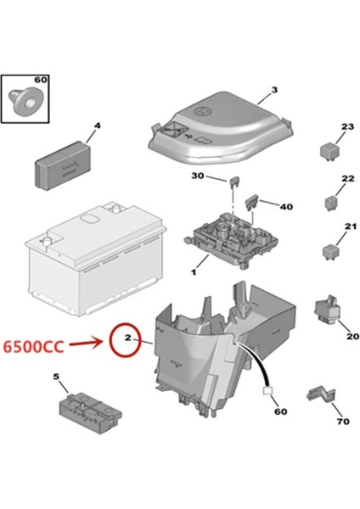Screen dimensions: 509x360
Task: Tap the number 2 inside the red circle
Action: click(x=127, y=341)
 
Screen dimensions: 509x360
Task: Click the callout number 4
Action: click(x=96, y=126)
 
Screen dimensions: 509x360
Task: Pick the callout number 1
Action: click(x=194, y=272)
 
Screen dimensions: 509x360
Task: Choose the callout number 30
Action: click(x=198, y=176)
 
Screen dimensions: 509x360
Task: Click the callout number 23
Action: click(x=346, y=127)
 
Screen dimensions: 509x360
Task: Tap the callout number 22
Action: click(x=346, y=178)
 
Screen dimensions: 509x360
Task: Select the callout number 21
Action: click(x=346, y=226)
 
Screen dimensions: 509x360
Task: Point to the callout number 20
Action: click(x=352, y=336)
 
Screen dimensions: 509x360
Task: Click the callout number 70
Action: click(x=342, y=421)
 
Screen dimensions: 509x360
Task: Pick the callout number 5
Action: click(x=56, y=376)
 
